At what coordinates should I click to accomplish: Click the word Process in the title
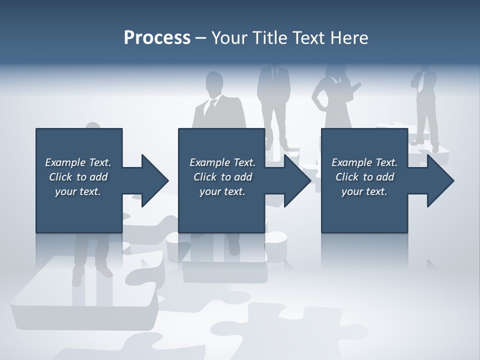pyautogui.click(x=157, y=38)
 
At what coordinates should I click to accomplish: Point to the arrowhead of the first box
pyautogui.click(x=155, y=180)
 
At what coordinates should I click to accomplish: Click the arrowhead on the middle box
pyautogui.click(x=297, y=180)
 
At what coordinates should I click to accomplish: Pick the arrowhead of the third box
pyautogui.click(x=440, y=180)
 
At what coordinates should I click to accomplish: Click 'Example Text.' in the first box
pyautogui.click(x=78, y=162)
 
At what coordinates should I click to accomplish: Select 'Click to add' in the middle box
pyautogui.click(x=222, y=177)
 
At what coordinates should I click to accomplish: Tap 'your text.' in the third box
pyautogui.click(x=364, y=191)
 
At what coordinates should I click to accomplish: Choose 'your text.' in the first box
pyautogui.click(x=78, y=191)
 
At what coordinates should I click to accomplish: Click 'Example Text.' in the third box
pyautogui.click(x=364, y=162)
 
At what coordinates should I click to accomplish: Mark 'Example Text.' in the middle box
pyautogui.click(x=222, y=162)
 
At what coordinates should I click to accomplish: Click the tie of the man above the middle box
pyautogui.click(x=212, y=107)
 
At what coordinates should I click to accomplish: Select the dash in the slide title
pyautogui.click(x=201, y=38)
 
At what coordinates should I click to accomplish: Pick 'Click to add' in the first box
pyautogui.click(x=78, y=177)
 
